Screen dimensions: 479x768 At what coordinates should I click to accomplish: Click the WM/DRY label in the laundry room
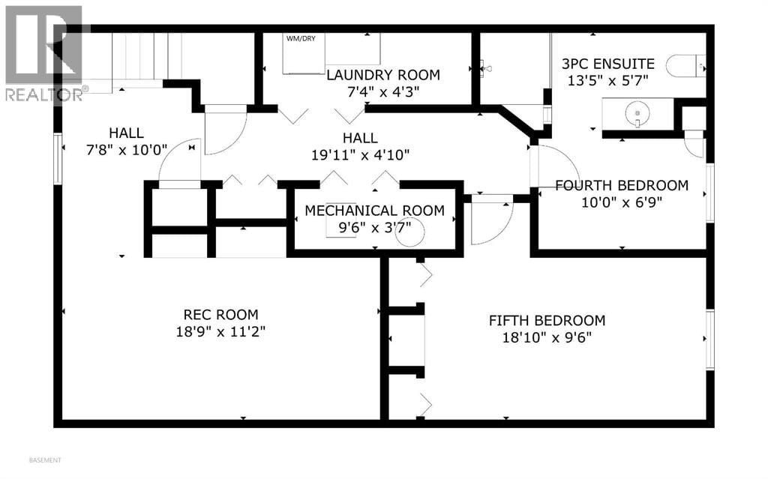(x=299, y=37)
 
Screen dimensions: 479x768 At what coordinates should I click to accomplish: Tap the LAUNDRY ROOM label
(x=382, y=75)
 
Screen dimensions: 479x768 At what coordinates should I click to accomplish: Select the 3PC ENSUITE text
(x=608, y=64)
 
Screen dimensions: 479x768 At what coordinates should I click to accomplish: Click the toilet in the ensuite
(x=684, y=65)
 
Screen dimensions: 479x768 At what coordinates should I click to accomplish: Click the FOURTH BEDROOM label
(x=621, y=185)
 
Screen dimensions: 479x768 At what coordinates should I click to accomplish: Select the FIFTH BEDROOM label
(x=547, y=321)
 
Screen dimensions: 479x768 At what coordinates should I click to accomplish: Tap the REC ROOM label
(x=220, y=315)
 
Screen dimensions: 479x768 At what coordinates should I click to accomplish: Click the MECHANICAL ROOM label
(x=374, y=211)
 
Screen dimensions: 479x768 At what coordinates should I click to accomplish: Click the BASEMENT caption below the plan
(x=45, y=460)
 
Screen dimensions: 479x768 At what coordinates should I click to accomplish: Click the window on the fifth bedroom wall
(x=709, y=340)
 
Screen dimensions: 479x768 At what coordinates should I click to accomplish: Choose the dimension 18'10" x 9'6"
(x=547, y=337)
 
